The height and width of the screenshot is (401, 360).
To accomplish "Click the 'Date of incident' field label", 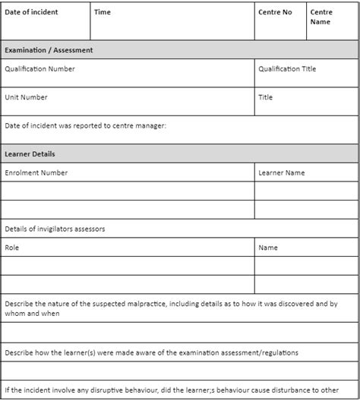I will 31,12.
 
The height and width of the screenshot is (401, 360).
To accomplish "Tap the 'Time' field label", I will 103,12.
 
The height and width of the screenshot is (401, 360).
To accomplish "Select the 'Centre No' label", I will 275,12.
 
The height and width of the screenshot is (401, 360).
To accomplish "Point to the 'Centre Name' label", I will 321,17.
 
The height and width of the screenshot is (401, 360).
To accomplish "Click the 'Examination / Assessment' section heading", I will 49,50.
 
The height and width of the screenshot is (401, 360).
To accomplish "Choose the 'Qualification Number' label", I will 39,69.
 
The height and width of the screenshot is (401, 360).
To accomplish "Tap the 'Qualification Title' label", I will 287,69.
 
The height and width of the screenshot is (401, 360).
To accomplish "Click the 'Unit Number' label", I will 26,97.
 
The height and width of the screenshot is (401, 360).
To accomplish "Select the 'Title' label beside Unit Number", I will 266,97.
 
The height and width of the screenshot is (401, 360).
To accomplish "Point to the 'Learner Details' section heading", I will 30,153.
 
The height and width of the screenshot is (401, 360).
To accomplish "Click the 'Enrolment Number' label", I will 36,172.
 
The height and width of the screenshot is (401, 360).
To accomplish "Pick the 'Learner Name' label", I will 282,172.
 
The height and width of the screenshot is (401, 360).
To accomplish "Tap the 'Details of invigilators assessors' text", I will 55,229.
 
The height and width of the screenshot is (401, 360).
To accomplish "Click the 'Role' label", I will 12,248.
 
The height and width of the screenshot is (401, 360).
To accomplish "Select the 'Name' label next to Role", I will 268,248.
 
